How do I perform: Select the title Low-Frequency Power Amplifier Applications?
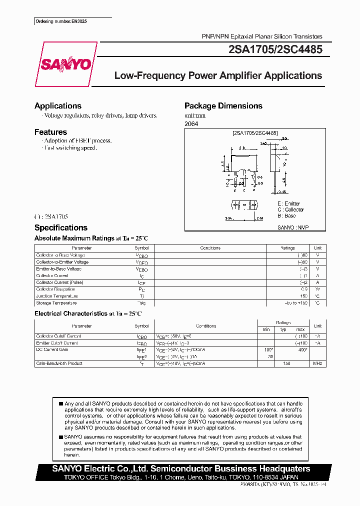pyautogui.click(x=218, y=76)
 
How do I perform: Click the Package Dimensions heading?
pyautogui.click(x=223, y=106)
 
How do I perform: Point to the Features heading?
pyautogui.click(x=50, y=132)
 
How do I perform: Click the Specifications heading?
pyautogui.click(x=61, y=227)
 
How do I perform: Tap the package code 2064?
pyautogui.click(x=191, y=123)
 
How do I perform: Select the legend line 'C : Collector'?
pyautogui.click(x=290, y=209)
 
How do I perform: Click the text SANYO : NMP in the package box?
pyautogui.click(x=293, y=227)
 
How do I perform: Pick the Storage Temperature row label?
pyautogui.click(x=56, y=303)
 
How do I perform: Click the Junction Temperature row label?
pyautogui.click(x=57, y=296)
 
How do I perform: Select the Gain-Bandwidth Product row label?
pyautogui.click(x=59, y=363)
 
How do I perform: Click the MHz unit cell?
pyautogui.click(x=317, y=363)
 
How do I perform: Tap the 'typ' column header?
pyautogui.click(x=283, y=329)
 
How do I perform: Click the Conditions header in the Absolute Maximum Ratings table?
pyautogui.click(x=210, y=248)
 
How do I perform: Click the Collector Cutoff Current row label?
pyautogui.click(x=58, y=336)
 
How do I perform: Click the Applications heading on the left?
pyautogui.click(x=58, y=106)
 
